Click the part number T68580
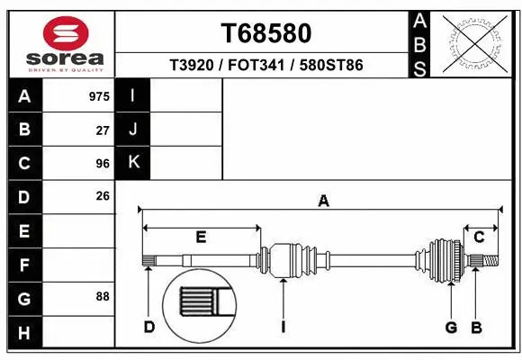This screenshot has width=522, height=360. [x=266, y=33]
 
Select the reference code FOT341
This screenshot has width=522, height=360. [x=266, y=66]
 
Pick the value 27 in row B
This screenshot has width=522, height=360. [x=103, y=130]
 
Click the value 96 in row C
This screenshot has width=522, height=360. [x=103, y=164]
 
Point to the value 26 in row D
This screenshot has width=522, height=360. [x=103, y=196]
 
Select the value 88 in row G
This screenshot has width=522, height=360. [x=103, y=296]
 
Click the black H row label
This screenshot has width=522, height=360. [x=24, y=333]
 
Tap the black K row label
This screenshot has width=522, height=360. [x=133, y=163]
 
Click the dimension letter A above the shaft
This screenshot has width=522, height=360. [x=323, y=202]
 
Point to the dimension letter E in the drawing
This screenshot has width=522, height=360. [x=201, y=238]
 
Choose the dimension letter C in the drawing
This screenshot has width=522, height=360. [x=480, y=238]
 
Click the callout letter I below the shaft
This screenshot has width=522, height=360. [x=283, y=327]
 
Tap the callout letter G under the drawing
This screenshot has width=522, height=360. [x=451, y=327]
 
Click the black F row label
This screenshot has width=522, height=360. [x=24, y=266]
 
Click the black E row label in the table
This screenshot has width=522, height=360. [x=24, y=232]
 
